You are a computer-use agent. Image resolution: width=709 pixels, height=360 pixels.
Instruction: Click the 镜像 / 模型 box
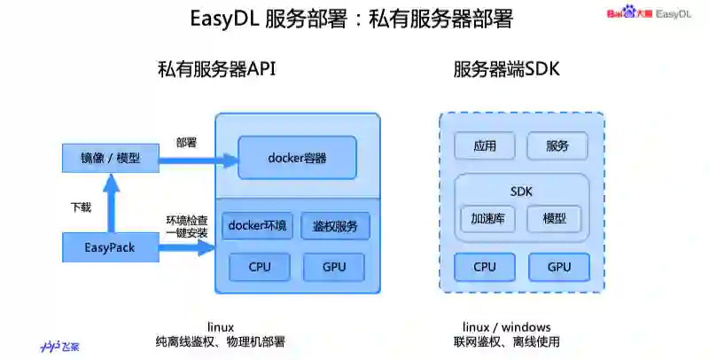pos(110,158)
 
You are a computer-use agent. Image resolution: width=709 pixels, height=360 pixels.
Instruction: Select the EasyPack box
pos(110,247)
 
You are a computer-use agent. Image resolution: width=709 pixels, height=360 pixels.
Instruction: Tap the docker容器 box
pos(297,158)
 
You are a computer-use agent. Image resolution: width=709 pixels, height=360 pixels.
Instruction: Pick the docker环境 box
pos(257,226)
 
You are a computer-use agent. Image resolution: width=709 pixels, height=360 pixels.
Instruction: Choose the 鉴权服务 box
pos(335,226)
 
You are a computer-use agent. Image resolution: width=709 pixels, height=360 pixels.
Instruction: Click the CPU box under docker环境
pos(259,266)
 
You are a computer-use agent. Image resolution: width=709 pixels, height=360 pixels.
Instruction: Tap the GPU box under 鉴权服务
pos(334,266)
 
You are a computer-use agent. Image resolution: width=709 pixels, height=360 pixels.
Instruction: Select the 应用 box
pos(484,146)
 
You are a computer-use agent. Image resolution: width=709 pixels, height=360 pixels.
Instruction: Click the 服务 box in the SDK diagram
pos(557,146)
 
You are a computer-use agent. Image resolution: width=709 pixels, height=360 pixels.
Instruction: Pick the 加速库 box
pos(487,218)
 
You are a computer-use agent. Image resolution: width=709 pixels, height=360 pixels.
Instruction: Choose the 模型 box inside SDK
pos(554,218)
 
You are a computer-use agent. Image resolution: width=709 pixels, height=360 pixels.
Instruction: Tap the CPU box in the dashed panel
pos(484,266)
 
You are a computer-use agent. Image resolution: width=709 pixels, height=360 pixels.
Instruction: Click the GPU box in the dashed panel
pos(558,266)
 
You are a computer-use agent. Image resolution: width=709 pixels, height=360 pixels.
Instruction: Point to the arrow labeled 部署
pos(199,160)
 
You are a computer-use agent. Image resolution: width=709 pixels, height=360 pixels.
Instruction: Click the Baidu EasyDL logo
pos(648,12)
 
